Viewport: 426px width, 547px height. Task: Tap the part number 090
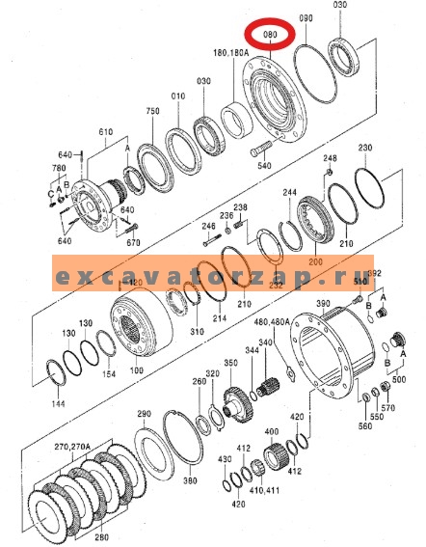coord(307,19)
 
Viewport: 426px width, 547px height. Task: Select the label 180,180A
coord(230,52)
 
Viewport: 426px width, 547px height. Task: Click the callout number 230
coord(365,148)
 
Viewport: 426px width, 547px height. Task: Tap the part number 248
coord(330,158)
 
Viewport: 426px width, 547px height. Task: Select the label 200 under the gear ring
coord(315,261)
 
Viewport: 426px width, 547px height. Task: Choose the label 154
coord(109,374)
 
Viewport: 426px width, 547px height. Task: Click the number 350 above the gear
coord(231,363)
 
